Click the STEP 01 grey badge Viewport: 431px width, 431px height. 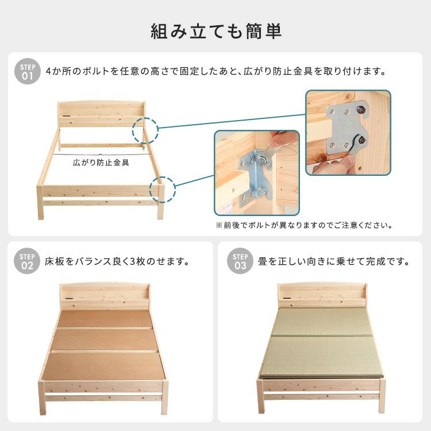pos(28,71)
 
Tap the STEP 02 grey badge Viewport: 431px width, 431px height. pos(27,261)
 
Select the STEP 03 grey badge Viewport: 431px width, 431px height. pos(240,261)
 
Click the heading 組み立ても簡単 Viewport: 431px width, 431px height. pos(215,31)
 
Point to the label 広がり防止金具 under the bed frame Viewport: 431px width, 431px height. pos(101,163)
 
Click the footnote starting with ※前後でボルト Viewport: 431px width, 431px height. pos(304,225)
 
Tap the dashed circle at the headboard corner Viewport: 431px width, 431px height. pos(145,130)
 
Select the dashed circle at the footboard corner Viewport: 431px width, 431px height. pos(163,190)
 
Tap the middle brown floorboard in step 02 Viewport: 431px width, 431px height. pos(105,340)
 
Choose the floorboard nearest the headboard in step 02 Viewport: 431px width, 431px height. pos(105,318)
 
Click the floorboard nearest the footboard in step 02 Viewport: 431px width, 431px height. pos(104,367)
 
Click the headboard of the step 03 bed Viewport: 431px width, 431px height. pos(322,295)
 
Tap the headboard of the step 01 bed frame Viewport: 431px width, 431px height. pos(101,114)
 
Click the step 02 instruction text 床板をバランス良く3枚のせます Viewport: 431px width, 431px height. pos(117,261)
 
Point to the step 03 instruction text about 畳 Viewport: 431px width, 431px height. pos(334,261)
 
